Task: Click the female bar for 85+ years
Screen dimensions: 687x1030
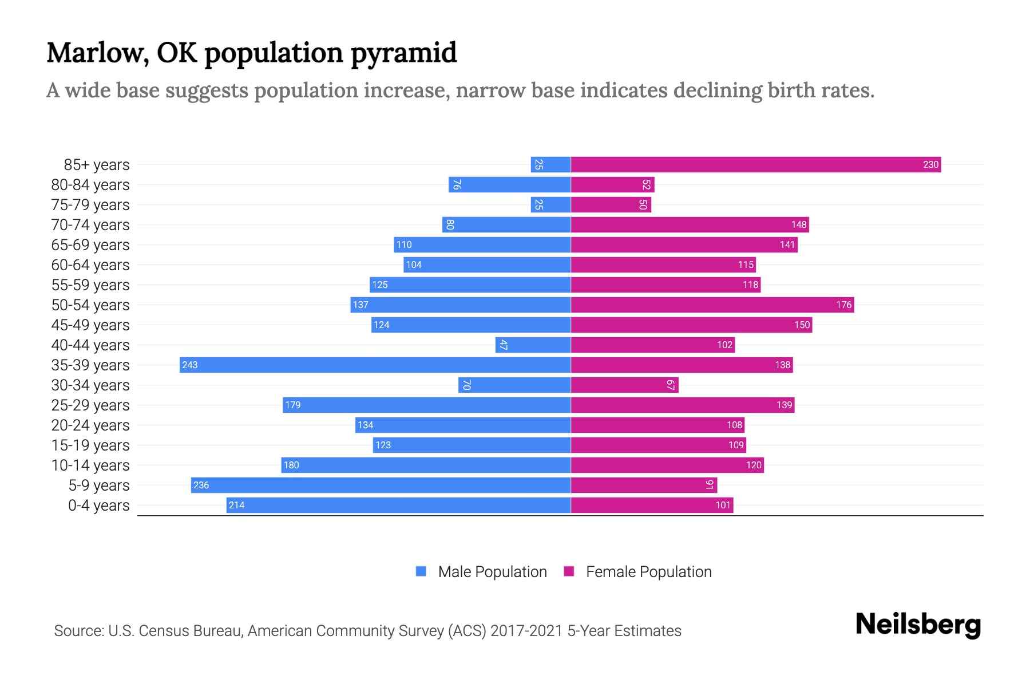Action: tap(755, 164)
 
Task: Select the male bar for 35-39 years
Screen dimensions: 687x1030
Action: tap(375, 365)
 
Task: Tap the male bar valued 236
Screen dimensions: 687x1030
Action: tap(381, 485)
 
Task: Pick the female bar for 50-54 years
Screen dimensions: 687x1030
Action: tap(712, 305)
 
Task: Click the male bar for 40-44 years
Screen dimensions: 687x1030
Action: tap(533, 345)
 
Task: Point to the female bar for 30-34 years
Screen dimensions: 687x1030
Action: tap(624, 385)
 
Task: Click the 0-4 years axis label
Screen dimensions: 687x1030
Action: tap(98, 506)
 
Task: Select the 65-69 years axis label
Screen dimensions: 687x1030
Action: tap(90, 245)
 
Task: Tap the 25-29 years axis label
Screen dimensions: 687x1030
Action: tap(90, 405)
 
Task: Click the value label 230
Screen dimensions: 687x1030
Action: tap(930, 165)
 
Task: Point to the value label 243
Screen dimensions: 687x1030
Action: tap(190, 365)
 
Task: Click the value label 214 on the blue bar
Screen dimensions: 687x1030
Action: tap(236, 506)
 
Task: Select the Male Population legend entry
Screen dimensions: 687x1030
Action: tap(492, 572)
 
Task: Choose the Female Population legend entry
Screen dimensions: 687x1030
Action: tap(648, 572)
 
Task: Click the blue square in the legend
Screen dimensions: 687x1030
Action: tap(421, 571)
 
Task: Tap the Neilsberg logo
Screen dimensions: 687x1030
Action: tap(918, 625)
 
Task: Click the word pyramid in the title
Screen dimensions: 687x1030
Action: tap(403, 53)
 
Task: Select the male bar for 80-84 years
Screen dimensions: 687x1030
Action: tap(509, 184)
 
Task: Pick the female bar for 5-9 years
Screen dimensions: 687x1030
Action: tap(644, 485)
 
